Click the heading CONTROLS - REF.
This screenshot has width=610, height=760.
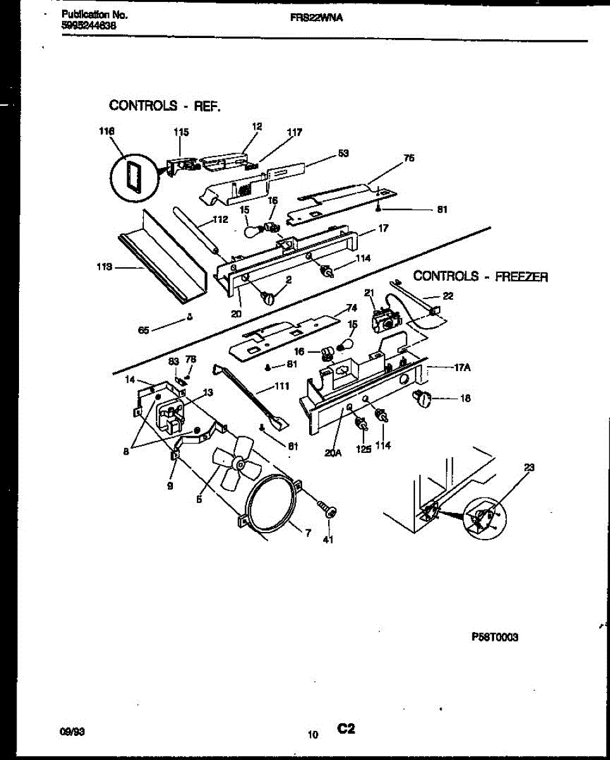(165, 106)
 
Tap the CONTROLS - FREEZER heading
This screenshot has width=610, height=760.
(480, 276)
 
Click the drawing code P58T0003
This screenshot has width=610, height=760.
(495, 638)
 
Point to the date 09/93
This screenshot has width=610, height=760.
(70, 731)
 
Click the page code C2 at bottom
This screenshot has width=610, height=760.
(345, 730)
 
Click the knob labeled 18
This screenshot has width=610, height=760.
(423, 398)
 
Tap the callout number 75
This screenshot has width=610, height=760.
(409, 158)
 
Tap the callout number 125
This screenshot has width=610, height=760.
(362, 445)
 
